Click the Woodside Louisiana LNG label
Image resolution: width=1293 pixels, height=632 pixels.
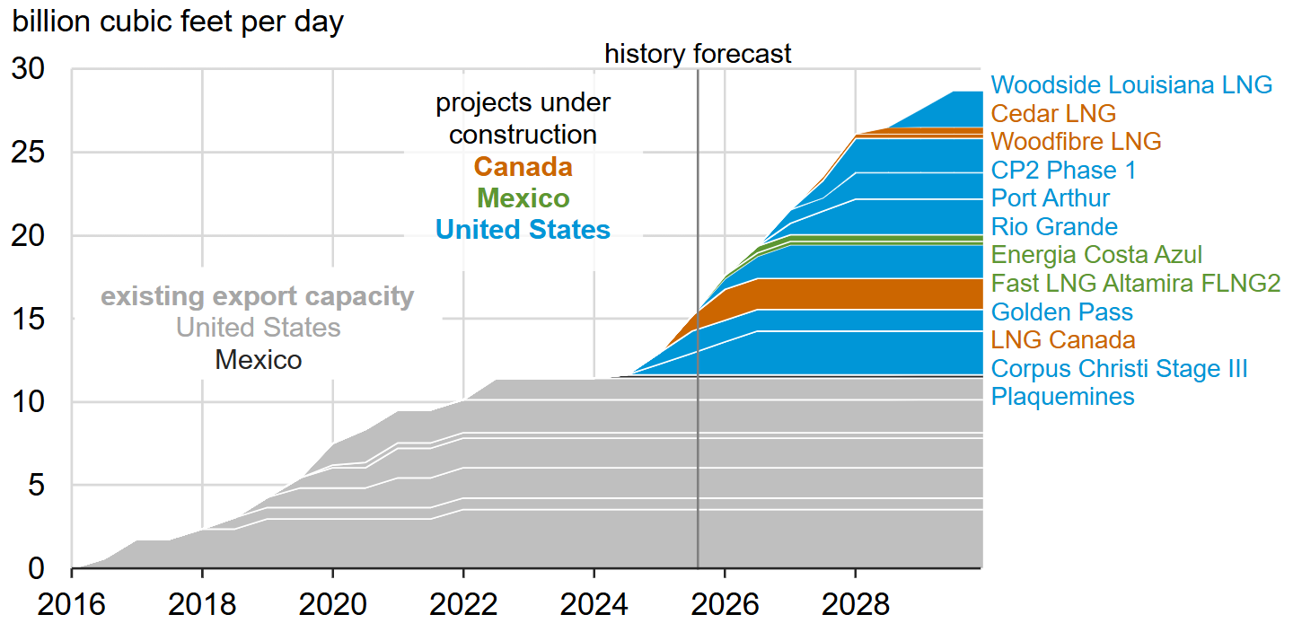1131,85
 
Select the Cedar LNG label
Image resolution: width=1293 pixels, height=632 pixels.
1053,114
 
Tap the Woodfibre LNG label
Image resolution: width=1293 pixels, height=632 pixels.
1076,142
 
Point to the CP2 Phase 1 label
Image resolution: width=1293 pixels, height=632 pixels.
1063,171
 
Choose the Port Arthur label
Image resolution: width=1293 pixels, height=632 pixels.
1050,198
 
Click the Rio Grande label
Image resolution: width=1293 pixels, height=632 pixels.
1054,227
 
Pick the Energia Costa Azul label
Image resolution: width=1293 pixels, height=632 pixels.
1096,255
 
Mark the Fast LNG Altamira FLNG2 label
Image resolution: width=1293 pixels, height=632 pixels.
1135,284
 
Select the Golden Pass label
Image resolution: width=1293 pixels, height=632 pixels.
1061,312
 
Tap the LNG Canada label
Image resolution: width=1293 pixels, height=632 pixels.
1063,340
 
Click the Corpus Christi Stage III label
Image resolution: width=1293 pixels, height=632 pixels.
1119,369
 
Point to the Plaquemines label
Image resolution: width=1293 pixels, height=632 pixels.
1062,397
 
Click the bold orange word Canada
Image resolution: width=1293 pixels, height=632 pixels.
523,167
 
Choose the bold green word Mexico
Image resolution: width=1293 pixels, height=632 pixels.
523,198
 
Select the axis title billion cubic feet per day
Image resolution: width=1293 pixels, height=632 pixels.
178,22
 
